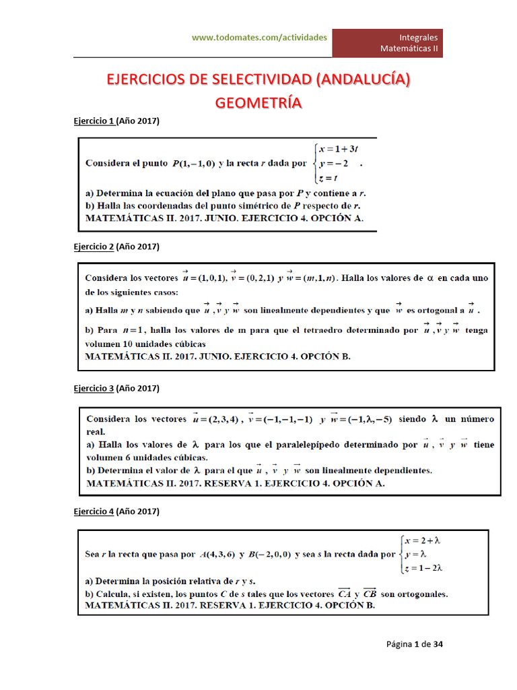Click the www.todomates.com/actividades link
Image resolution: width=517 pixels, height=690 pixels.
tap(259, 38)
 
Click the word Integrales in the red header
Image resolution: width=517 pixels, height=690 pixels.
tap(418, 37)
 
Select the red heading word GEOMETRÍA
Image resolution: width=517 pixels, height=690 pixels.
tap(258, 103)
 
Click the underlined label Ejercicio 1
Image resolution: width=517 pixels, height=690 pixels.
tap(94, 121)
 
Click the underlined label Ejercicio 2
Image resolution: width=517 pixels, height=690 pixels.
tap(94, 247)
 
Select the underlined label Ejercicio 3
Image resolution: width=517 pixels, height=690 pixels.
tap(94, 389)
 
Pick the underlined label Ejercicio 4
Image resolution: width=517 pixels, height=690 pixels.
tap(94, 512)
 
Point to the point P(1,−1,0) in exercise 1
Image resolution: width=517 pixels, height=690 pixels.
tap(193, 163)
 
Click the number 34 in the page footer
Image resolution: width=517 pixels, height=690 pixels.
tap(438, 644)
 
